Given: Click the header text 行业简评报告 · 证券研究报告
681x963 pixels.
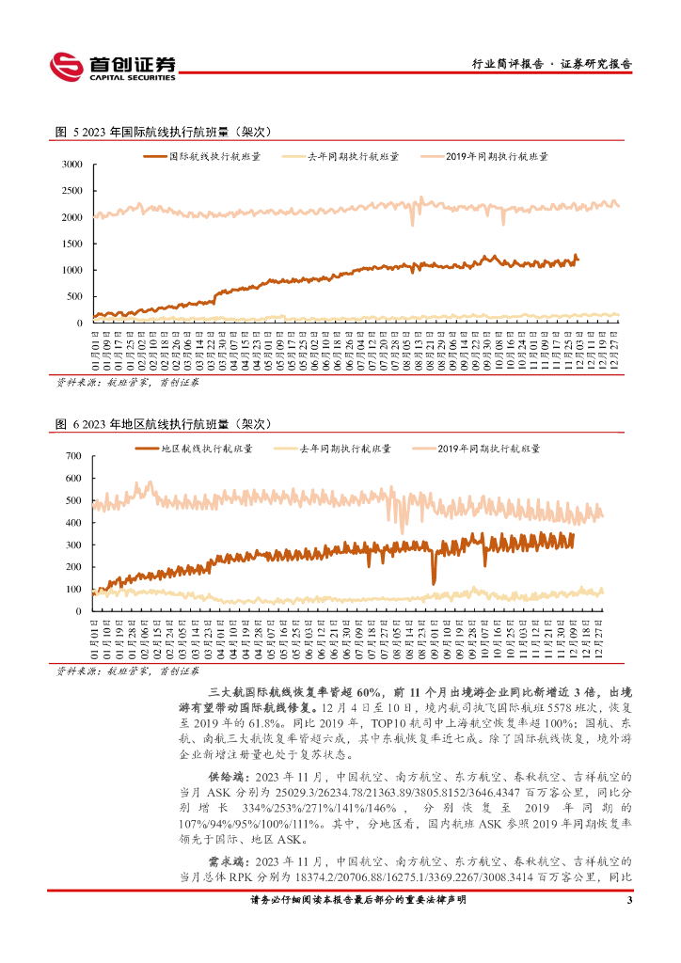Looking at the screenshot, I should click(x=550, y=65).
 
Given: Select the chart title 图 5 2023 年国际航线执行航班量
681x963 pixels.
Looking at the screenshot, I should click(x=163, y=132).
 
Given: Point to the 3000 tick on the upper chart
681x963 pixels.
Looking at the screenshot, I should click(x=72, y=165).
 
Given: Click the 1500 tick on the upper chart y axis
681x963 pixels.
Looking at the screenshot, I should click(x=72, y=244).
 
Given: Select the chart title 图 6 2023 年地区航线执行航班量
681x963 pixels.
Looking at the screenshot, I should click(x=163, y=424).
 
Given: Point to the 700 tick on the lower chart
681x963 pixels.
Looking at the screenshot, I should click(x=75, y=456).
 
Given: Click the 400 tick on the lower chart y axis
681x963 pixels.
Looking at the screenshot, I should click(x=75, y=523).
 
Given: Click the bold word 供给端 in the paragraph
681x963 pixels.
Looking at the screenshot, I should click(x=226, y=779).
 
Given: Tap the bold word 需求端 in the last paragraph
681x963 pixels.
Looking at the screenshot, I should click(x=226, y=861).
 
